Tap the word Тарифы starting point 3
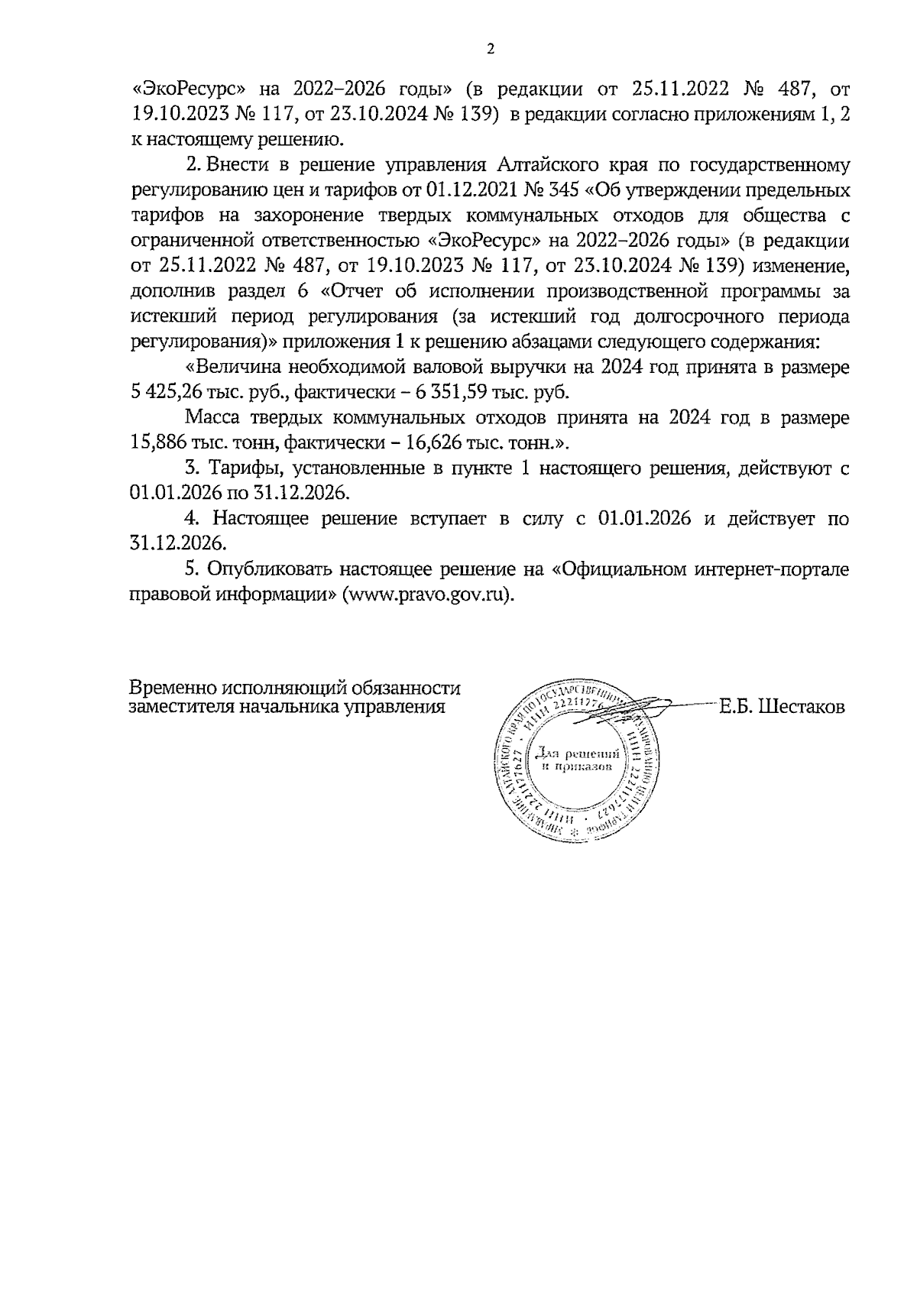[x=243, y=468]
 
